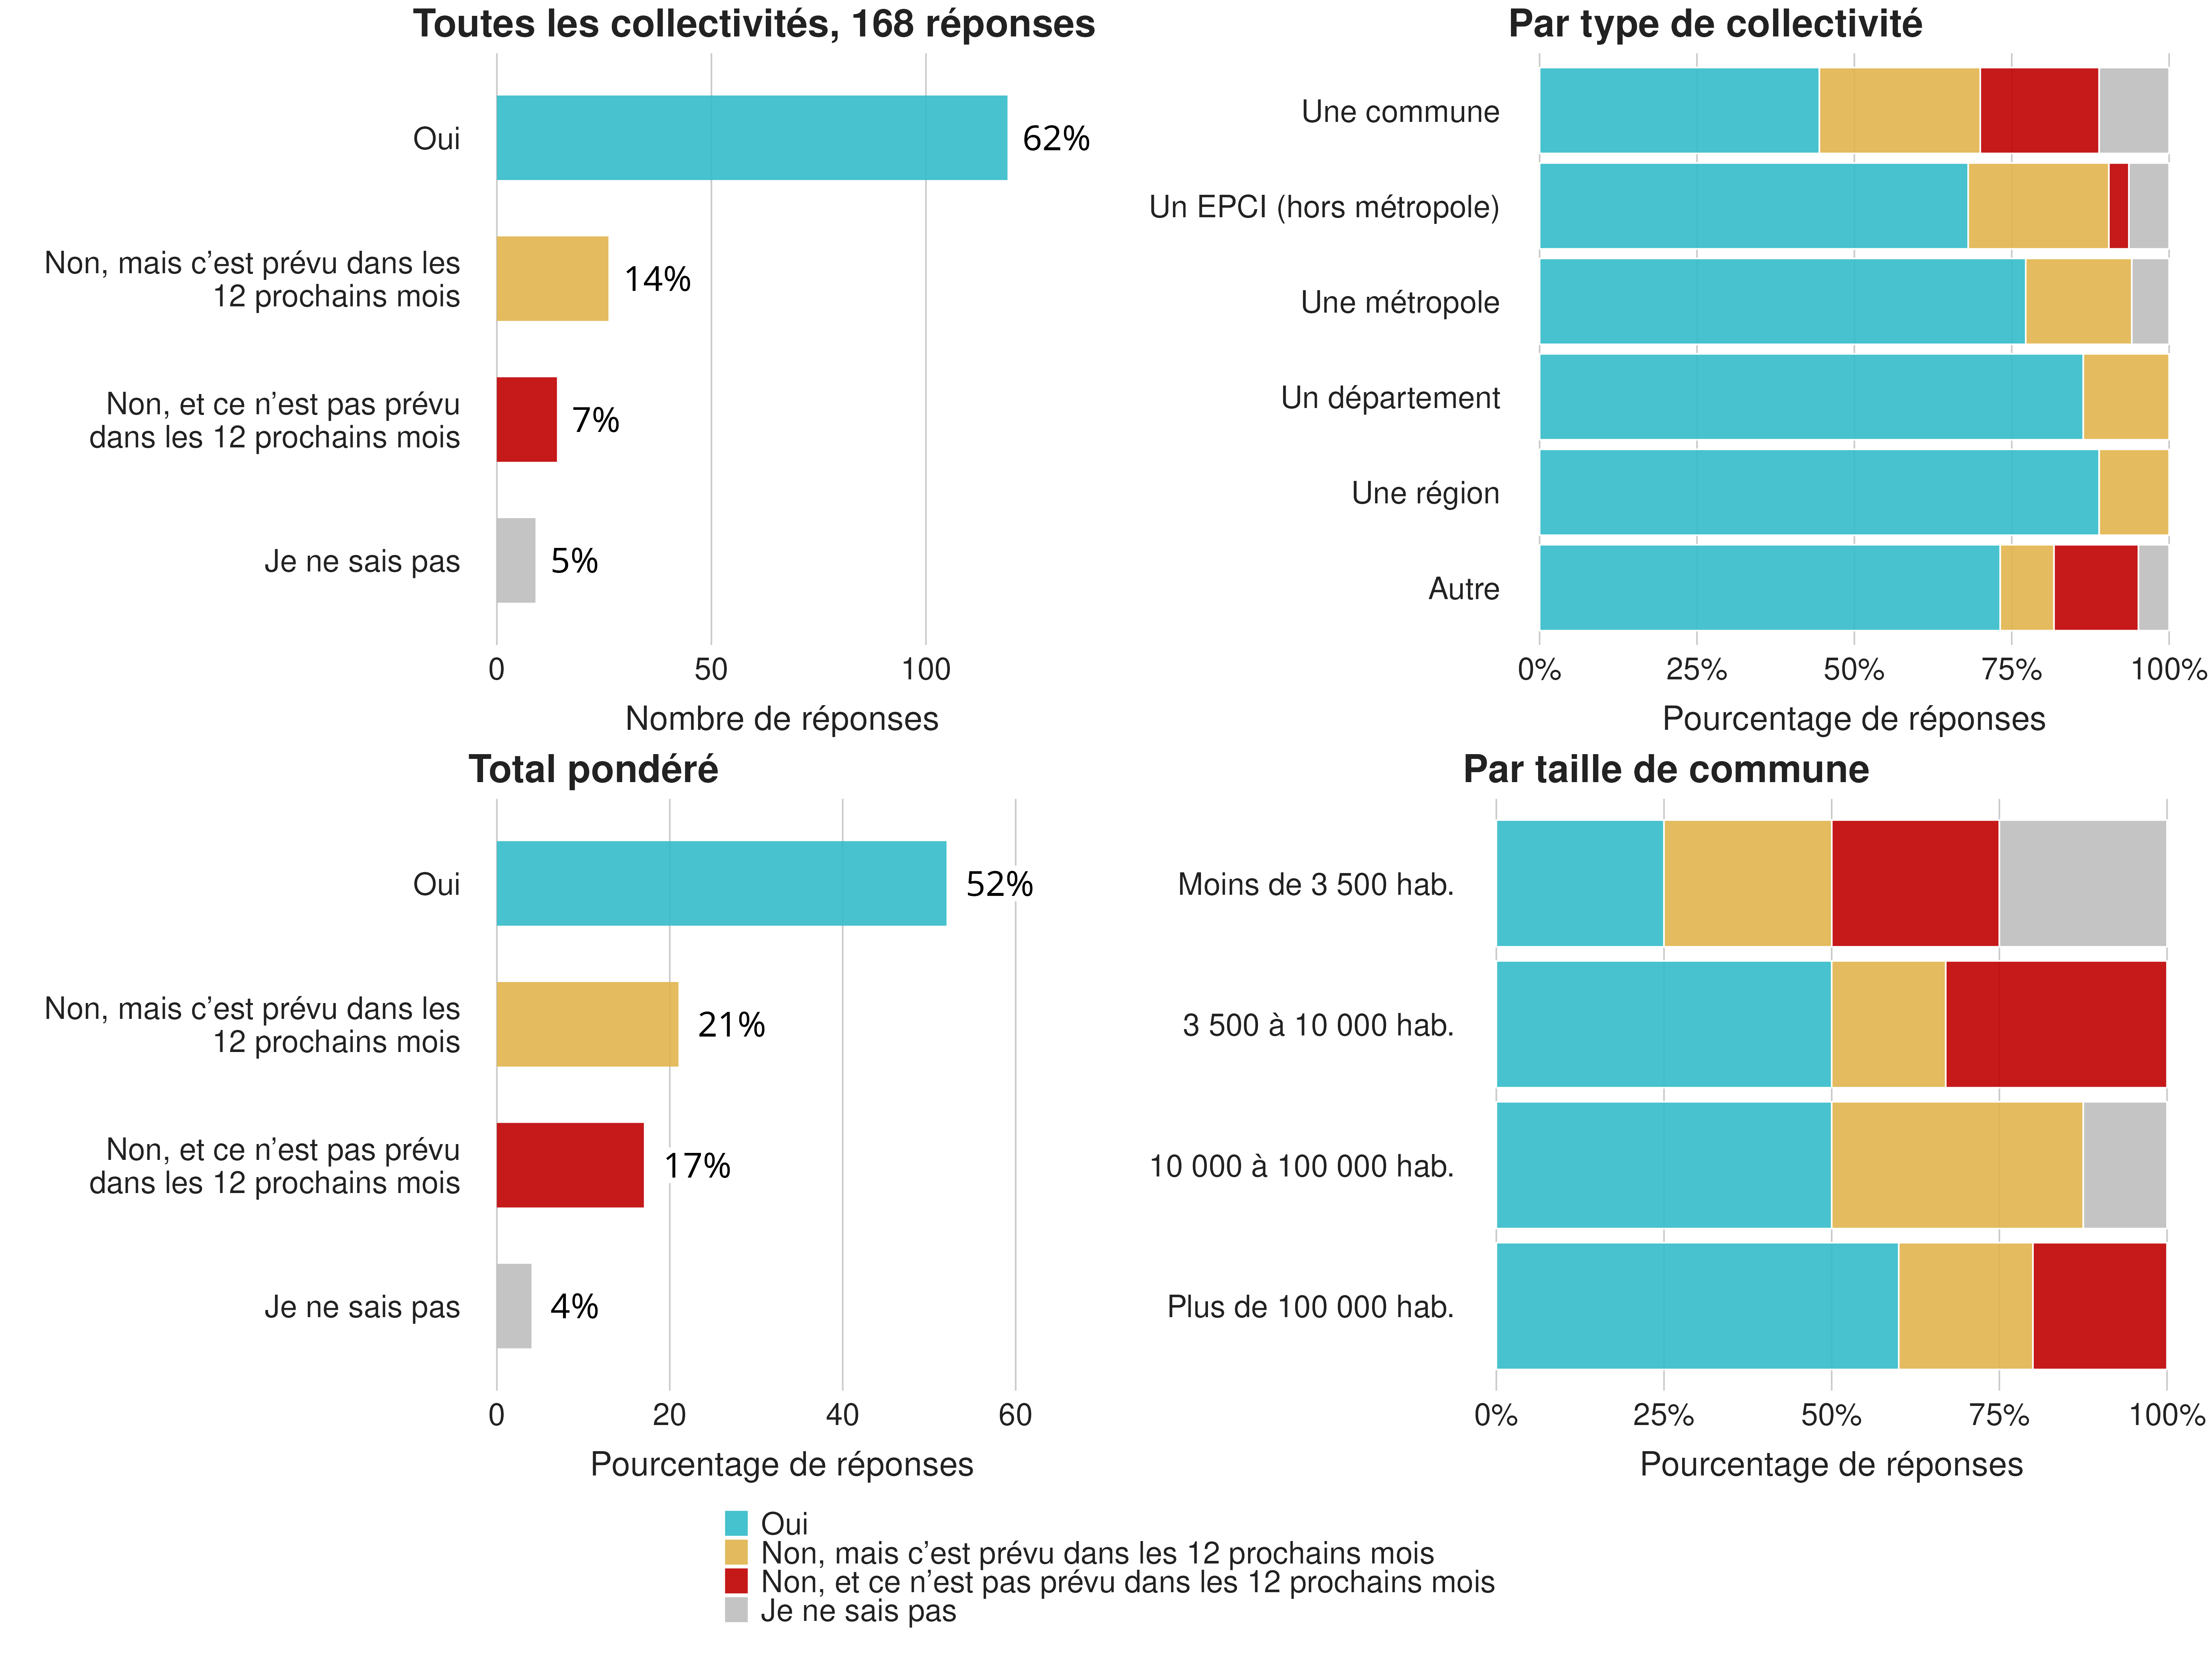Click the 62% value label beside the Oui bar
click(1056, 139)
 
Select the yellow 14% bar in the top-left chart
click(552, 279)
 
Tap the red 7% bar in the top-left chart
click(526, 419)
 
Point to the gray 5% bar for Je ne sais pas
click(515, 560)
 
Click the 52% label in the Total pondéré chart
click(998, 884)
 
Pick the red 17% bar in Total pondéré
click(569, 1165)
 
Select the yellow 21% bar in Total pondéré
click(587, 1025)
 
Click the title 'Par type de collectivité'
click(1715, 24)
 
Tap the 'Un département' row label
click(1390, 398)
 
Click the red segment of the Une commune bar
click(2039, 111)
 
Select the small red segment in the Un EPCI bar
click(2118, 206)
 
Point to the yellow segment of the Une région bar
click(2133, 492)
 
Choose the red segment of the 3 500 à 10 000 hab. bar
click(2055, 1025)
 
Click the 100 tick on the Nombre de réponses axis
click(926, 670)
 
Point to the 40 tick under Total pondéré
click(842, 1415)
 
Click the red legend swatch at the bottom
click(736, 1581)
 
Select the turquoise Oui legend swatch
click(736, 1523)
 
